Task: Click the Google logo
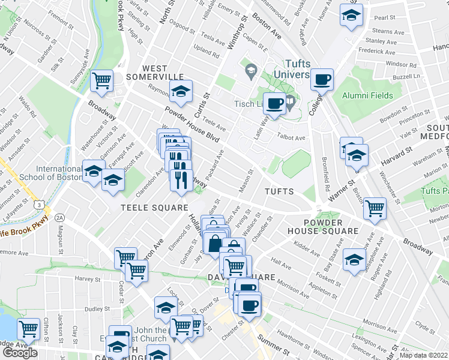(x=20, y=353)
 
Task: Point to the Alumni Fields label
(x=367, y=95)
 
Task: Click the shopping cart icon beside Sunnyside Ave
(x=102, y=79)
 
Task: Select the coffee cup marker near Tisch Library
(x=275, y=103)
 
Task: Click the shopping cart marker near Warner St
(x=375, y=208)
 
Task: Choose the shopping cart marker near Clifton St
(x=28, y=328)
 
